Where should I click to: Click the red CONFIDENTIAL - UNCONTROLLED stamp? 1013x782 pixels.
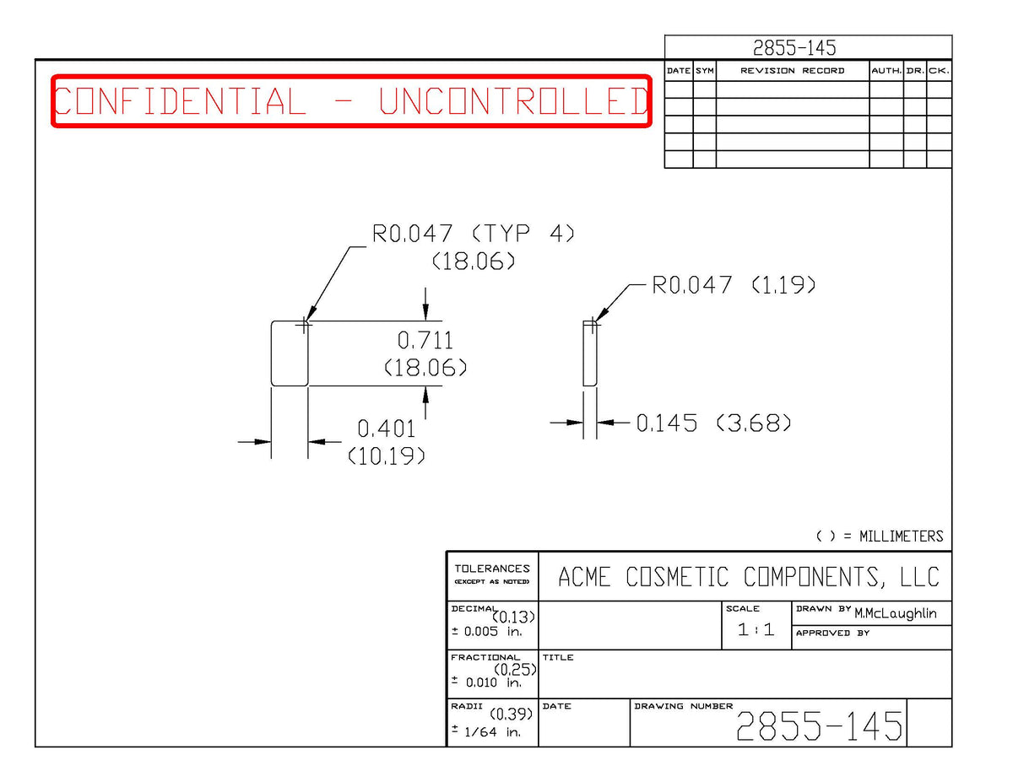pyautogui.click(x=351, y=100)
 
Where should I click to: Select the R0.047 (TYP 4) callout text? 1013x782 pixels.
pyautogui.click(x=473, y=234)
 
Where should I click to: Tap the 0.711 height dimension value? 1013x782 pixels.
pyautogui.click(x=425, y=341)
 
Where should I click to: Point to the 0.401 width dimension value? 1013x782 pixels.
pyautogui.click(x=386, y=429)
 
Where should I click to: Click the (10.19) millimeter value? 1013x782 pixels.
pyautogui.click(x=387, y=456)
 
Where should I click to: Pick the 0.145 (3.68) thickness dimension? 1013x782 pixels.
pyautogui.click(x=713, y=423)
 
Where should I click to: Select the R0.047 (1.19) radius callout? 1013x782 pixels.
pyautogui.click(x=734, y=284)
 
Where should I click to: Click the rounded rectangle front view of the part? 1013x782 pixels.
pyautogui.click(x=271, y=353)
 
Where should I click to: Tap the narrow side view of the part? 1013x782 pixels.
pyautogui.click(x=583, y=353)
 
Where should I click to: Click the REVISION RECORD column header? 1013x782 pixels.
pyautogui.click(x=792, y=71)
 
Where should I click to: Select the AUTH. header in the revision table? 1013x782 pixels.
pyautogui.click(x=886, y=71)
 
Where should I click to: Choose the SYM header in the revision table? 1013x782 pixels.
pyautogui.click(x=704, y=71)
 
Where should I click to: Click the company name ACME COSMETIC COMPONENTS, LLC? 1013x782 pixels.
pyautogui.click(x=749, y=577)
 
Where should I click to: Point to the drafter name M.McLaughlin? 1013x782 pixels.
pyautogui.click(x=896, y=613)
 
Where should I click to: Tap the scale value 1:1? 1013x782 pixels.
pyautogui.click(x=756, y=629)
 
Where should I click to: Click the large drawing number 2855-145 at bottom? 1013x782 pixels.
pyautogui.click(x=819, y=725)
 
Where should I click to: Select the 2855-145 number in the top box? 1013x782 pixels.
pyautogui.click(x=794, y=47)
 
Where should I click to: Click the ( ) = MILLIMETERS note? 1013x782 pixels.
pyautogui.click(x=880, y=536)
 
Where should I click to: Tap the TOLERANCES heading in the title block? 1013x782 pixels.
pyautogui.click(x=492, y=569)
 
